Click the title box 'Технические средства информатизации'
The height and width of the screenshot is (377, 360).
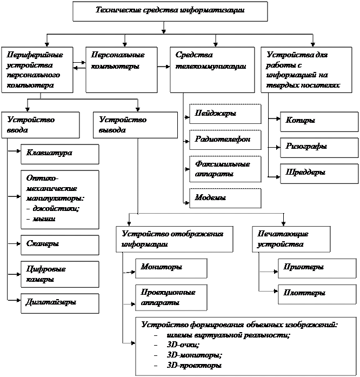coord(170,11)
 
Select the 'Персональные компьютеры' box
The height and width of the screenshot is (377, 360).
coord(122,69)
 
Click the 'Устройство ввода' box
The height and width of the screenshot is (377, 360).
coord(40,125)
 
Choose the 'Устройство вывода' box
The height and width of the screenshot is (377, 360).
coord(135,125)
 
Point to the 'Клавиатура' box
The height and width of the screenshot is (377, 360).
coord(59,154)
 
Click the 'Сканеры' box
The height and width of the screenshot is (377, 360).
coord(59,244)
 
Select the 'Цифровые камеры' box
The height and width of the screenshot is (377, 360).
coord(59,274)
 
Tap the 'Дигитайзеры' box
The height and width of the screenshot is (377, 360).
coord(59,303)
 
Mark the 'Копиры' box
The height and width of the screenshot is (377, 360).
coord(319,122)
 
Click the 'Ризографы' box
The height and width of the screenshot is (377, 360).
coord(319,147)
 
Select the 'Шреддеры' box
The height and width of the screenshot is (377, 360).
coord(319,173)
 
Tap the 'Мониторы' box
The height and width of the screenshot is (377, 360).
coord(171,268)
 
